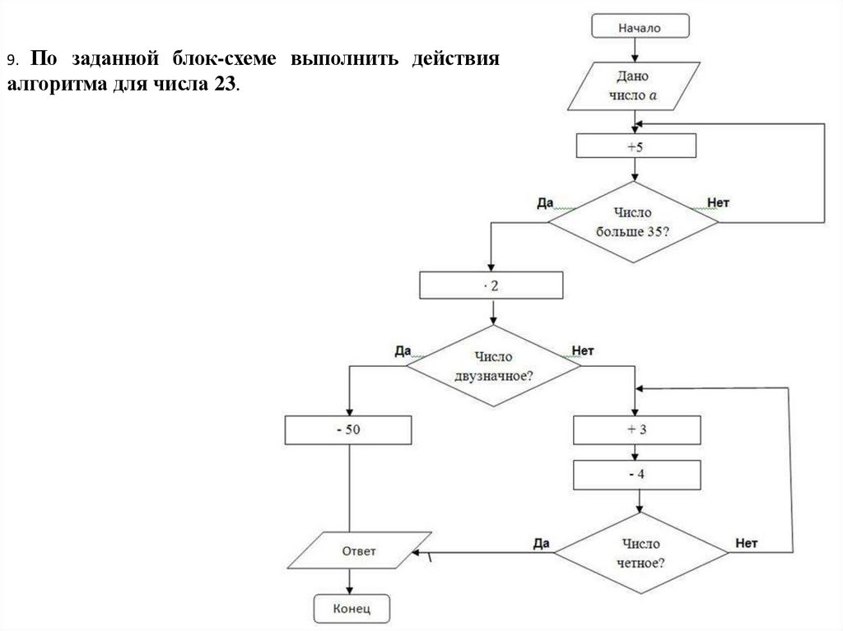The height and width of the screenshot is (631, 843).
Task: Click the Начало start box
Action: (639, 26)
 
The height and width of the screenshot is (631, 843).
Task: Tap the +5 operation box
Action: (636, 146)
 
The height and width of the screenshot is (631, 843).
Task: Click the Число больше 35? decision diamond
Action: (633, 221)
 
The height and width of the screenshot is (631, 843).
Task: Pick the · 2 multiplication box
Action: (491, 285)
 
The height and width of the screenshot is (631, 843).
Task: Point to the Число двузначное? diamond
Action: (492, 366)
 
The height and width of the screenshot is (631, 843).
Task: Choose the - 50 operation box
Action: (348, 429)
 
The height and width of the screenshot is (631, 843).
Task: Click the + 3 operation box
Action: (637, 429)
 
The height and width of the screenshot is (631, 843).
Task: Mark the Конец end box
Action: (352, 609)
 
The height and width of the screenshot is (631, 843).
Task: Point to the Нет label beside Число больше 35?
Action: (719, 202)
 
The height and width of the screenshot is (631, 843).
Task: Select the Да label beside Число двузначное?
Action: (403, 350)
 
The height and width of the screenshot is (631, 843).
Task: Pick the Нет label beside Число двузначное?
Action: (582, 350)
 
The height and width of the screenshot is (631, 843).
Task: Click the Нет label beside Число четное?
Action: (746, 543)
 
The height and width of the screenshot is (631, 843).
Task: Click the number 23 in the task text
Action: (227, 85)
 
